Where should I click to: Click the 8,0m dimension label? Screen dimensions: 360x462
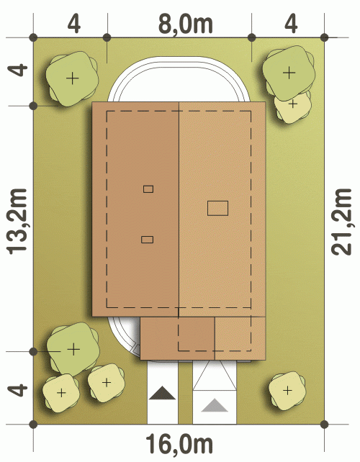click(x=186, y=24)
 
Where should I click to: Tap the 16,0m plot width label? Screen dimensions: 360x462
click(x=179, y=444)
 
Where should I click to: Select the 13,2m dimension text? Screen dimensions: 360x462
click(x=17, y=221)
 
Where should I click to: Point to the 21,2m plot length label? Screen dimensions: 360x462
click(x=341, y=222)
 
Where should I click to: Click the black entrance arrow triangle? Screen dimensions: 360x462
click(x=162, y=394)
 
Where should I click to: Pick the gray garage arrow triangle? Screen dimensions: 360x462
click(x=215, y=405)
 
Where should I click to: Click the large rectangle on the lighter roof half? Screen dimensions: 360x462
click(x=217, y=208)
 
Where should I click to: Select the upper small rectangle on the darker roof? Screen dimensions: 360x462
click(x=148, y=189)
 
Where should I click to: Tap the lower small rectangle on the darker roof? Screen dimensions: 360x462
click(x=147, y=240)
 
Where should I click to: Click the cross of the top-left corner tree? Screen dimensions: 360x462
click(x=73, y=78)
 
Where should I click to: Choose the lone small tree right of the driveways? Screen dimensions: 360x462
click(x=287, y=391)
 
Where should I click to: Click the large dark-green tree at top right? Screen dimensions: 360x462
click(x=288, y=72)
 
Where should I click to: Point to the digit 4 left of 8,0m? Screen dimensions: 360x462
click(x=74, y=24)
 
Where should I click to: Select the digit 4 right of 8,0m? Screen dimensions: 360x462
click(x=291, y=24)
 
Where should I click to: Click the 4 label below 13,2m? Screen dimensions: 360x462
click(x=18, y=390)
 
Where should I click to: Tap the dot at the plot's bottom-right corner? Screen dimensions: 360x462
click(x=324, y=425)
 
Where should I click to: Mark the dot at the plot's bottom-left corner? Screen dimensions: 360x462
click(x=34, y=425)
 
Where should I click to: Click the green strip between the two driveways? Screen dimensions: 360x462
click(x=185, y=392)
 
